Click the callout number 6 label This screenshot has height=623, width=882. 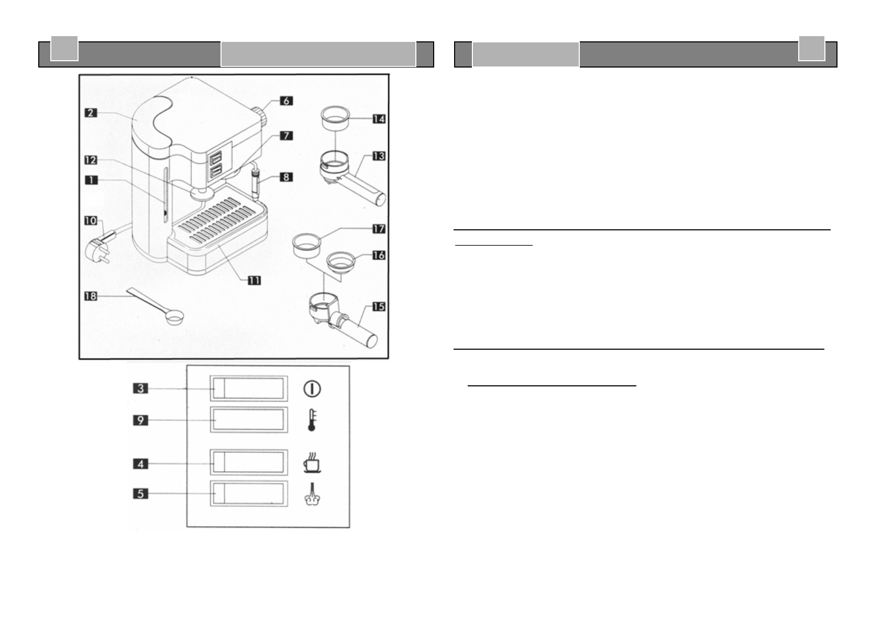pyautogui.click(x=286, y=100)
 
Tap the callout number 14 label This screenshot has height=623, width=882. pyautogui.click(x=379, y=119)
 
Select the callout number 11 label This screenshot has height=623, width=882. pyautogui.click(x=254, y=281)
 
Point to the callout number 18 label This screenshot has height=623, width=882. pyautogui.click(x=91, y=296)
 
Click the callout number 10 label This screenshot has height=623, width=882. pyautogui.click(x=91, y=220)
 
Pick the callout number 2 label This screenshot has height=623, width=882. pyautogui.click(x=91, y=112)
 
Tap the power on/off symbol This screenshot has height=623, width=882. pyautogui.click(x=312, y=388)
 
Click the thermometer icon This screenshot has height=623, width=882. pyautogui.click(x=312, y=420)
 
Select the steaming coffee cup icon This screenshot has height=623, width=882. pyautogui.click(x=312, y=463)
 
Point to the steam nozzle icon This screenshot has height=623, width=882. pyautogui.click(x=312, y=495)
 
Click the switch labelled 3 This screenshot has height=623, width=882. pyautogui.click(x=249, y=388)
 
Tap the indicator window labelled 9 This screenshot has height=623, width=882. pyautogui.click(x=249, y=420)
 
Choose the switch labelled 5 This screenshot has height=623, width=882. pyautogui.click(x=249, y=494)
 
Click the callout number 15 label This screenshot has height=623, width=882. pyautogui.click(x=379, y=306)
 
